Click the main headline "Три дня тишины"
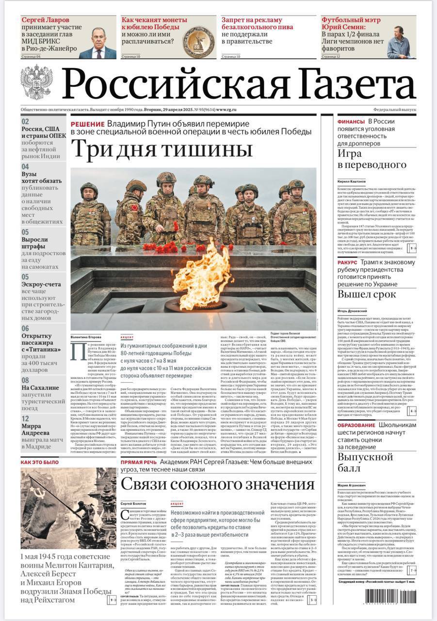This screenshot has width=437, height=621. (x=162, y=149)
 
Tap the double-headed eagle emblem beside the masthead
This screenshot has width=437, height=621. (x=37, y=82)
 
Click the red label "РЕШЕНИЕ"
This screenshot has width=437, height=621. (x=87, y=125)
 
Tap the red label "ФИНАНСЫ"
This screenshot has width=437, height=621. (x=351, y=122)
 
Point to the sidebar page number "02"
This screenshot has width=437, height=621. (x=25, y=122)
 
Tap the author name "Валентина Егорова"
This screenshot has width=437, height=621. (x=86, y=337)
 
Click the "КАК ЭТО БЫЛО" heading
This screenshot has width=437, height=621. (x=39, y=462)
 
